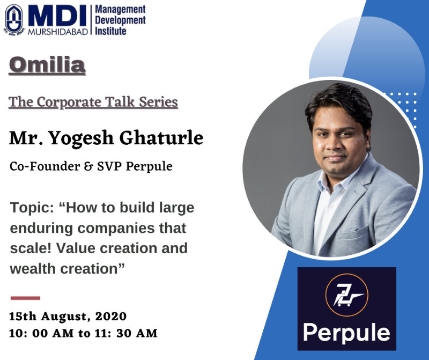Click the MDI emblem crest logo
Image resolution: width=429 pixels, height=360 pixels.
tap(14, 20)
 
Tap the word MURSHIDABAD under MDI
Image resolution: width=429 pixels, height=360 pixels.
tap(58, 32)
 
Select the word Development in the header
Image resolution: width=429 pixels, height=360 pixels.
tap(120, 20)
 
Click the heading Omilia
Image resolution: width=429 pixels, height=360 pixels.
tap(47, 65)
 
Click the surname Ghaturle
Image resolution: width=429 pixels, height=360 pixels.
tap(161, 138)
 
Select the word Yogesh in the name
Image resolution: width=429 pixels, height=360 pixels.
tap(82, 138)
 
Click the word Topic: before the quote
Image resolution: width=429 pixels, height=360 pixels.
tap(32, 208)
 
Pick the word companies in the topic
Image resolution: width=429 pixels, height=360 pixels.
tap(116, 229)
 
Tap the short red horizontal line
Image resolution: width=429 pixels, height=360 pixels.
tap(25, 298)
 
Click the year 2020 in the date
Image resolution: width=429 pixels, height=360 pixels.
tap(111, 317)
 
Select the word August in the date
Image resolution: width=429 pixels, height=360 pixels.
tap(65, 317)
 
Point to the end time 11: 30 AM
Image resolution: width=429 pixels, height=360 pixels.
tap(126, 333)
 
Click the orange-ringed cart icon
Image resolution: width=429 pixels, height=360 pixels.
tap(346, 295)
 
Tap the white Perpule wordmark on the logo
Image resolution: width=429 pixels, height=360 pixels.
tap(346, 333)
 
